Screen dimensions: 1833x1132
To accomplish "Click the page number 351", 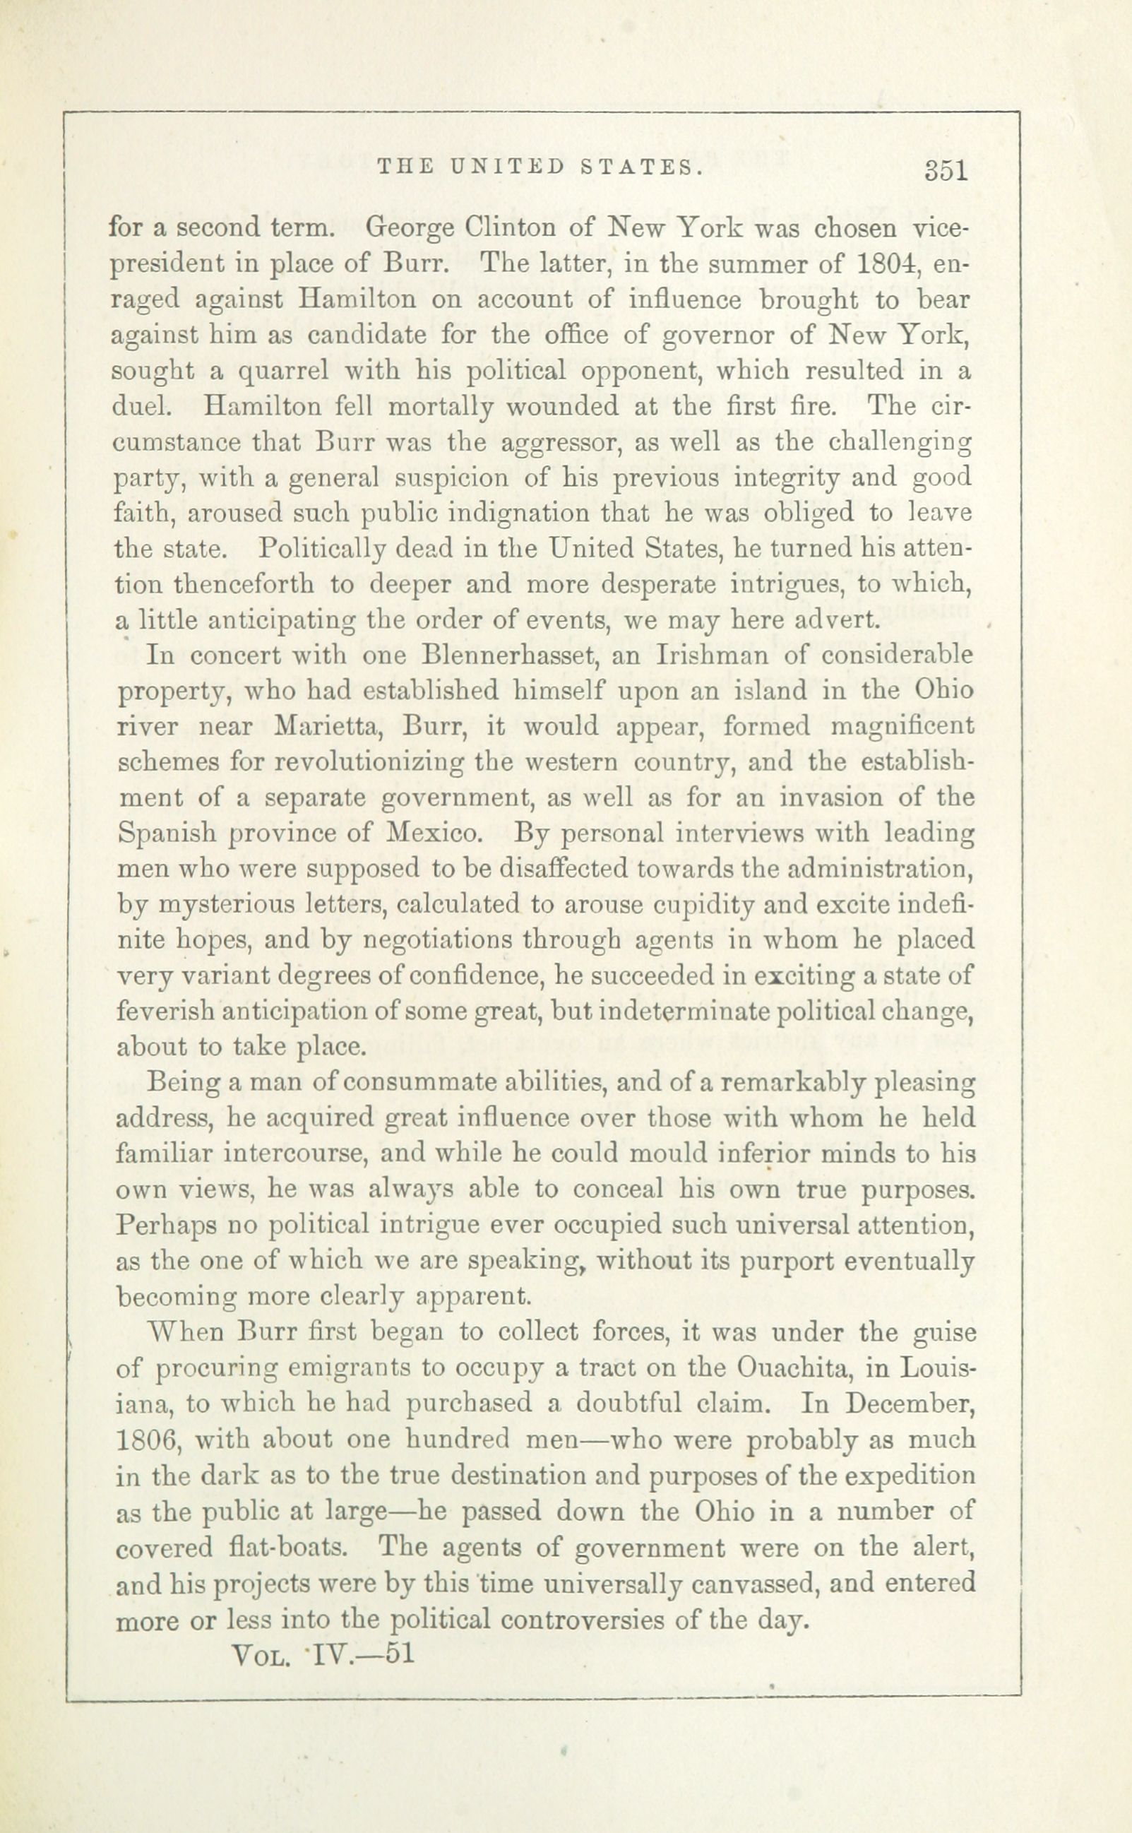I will point(946,172).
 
